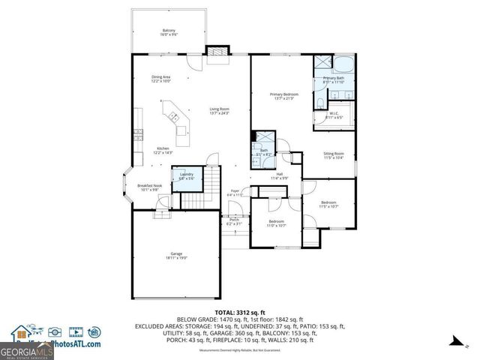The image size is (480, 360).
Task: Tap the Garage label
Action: pyautogui.click(x=176, y=256)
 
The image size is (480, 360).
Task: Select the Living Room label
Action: pyautogui.click(x=218, y=111)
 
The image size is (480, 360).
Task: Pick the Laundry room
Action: pyautogui.click(x=187, y=175)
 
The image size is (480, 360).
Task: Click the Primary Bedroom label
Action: pyautogui.click(x=284, y=95)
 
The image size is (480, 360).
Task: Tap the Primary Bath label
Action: pyautogui.click(x=334, y=79)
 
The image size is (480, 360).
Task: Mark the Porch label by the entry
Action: pyautogui.click(x=234, y=220)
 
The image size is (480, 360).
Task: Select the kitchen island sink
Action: pyautogui.click(x=173, y=116)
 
